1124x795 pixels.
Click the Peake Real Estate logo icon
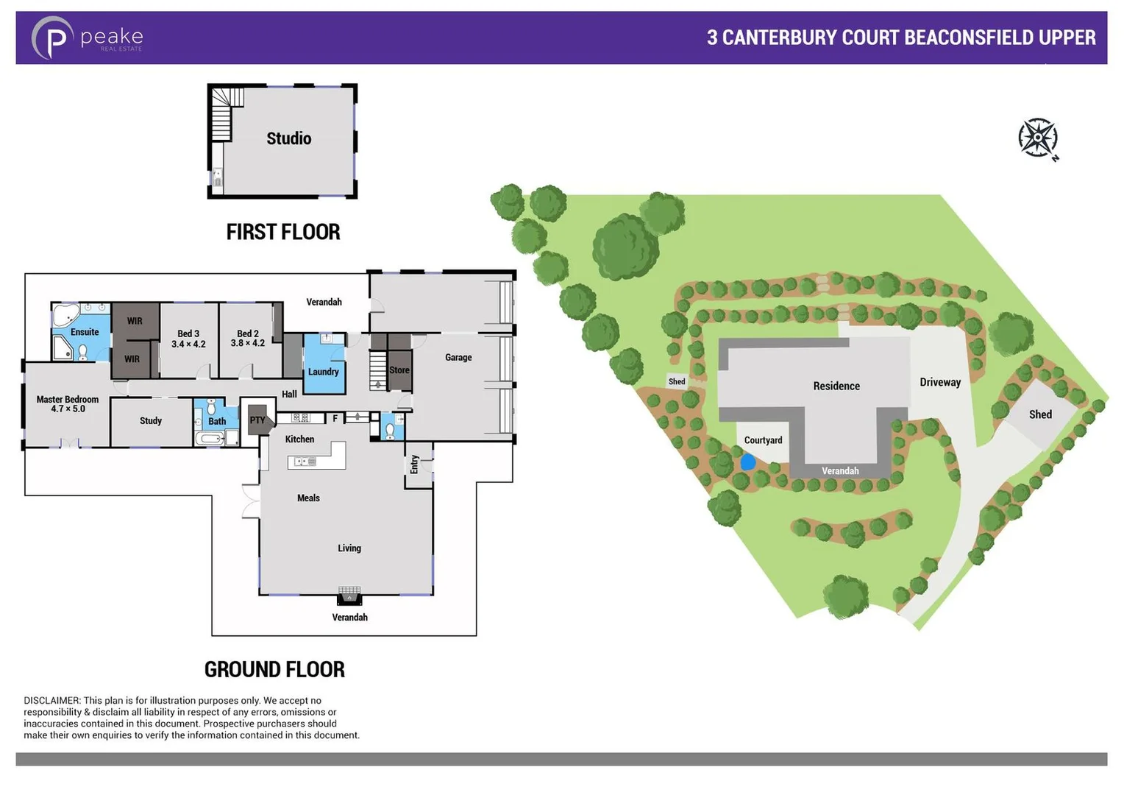click(51, 38)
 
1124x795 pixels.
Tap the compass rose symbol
click(1037, 138)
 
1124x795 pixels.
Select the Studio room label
click(288, 138)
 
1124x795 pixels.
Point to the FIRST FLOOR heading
click(282, 232)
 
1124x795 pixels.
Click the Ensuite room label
click(85, 332)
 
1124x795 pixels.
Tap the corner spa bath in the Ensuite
click(65, 314)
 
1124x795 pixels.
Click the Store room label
click(399, 370)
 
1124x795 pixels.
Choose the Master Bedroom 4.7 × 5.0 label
click(67, 404)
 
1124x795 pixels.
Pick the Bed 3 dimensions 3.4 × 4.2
click(188, 344)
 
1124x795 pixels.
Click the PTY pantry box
click(257, 420)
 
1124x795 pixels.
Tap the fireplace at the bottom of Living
click(349, 594)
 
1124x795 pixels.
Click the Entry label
click(415, 464)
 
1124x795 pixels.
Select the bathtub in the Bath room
click(210, 439)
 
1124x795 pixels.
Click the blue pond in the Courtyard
click(747, 462)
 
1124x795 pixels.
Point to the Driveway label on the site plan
click(939, 382)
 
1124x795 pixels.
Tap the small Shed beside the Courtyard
click(677, 381)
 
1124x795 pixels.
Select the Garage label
click(458, 357)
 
